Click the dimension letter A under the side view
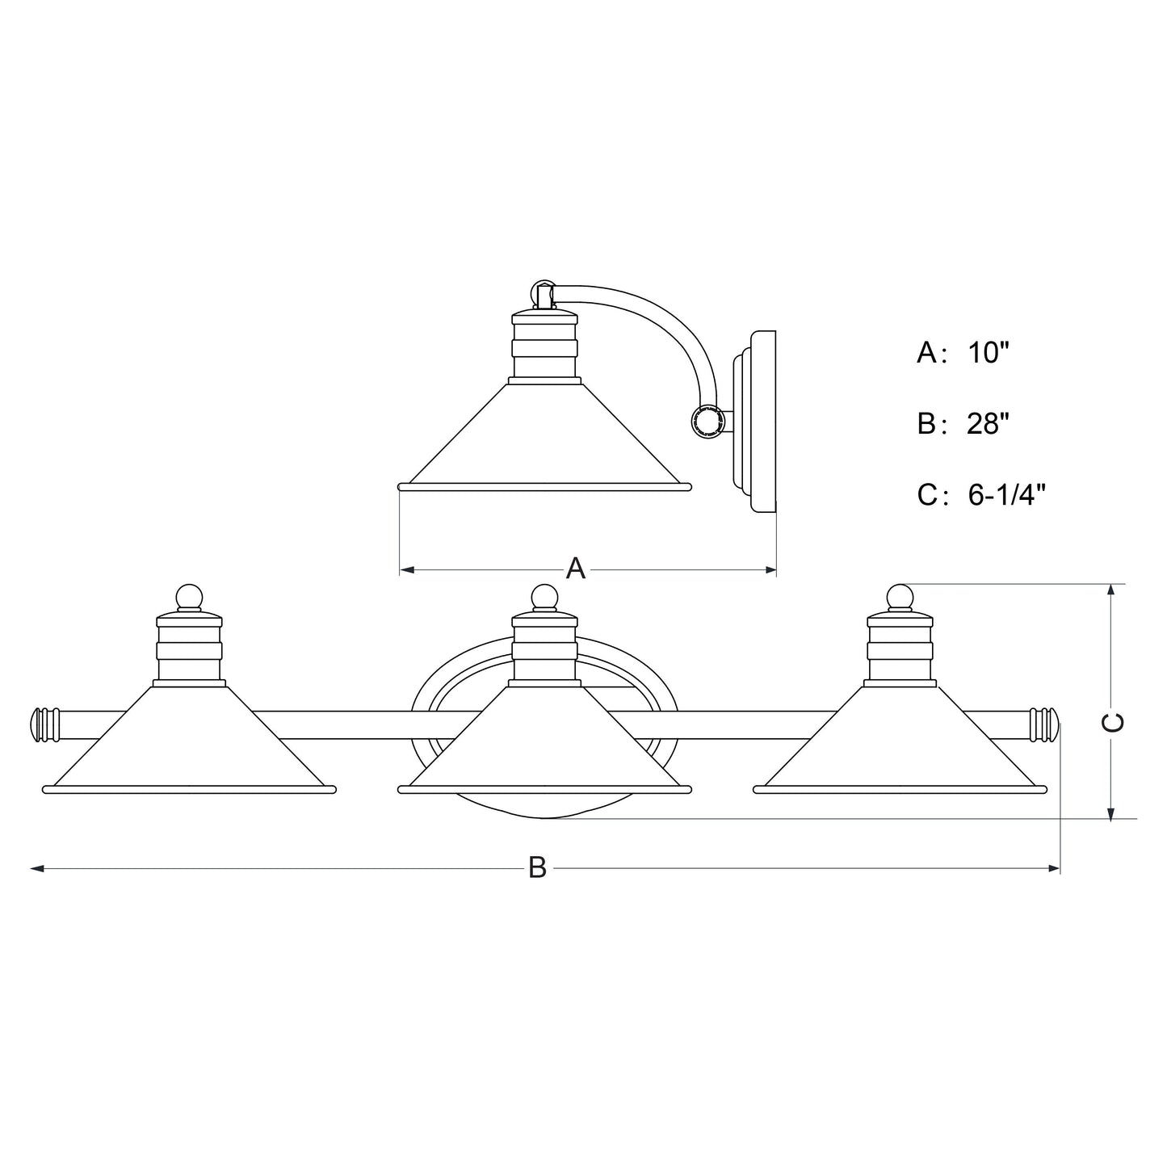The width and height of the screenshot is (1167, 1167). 575,569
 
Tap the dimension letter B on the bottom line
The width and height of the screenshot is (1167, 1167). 537,868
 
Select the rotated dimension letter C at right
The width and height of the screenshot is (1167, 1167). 1113,723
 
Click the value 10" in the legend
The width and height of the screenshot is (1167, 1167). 989,352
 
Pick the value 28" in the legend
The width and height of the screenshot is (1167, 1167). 989,423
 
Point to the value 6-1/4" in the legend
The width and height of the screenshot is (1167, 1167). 1006,495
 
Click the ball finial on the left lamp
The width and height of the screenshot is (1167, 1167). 189,597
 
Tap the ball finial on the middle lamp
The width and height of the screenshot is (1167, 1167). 544,597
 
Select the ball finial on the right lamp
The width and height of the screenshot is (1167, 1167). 900,597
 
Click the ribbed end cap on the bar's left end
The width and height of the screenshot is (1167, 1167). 45,725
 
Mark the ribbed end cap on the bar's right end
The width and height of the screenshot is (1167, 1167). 1044,725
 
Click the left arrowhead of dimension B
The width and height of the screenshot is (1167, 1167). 36,868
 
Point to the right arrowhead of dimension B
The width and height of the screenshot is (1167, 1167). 1053,868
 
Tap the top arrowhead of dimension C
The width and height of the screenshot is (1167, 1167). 1110,591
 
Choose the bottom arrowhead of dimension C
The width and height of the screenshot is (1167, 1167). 1110,814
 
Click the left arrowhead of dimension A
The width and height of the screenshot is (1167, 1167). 407,570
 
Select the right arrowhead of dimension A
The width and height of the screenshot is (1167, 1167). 770,570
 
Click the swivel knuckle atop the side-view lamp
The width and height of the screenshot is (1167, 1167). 544,296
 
